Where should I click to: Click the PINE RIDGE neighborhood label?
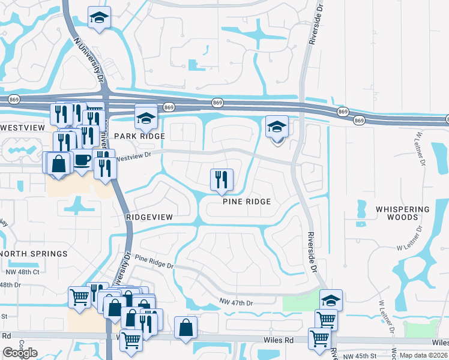(247, 202)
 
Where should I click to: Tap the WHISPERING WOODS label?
(403, 213)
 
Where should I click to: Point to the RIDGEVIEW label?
(149, 217)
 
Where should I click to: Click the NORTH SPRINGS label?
(34, 254)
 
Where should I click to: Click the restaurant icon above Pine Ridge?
(221, 179)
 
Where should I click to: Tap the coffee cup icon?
(82, 160)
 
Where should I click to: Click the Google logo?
(20, 353)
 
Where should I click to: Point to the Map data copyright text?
(423, 355)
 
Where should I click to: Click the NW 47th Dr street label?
(237, 302)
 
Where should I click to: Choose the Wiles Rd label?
(280, 340)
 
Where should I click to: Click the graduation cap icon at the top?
(100, 18)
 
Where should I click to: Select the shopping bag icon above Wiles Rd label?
(186, 328)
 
